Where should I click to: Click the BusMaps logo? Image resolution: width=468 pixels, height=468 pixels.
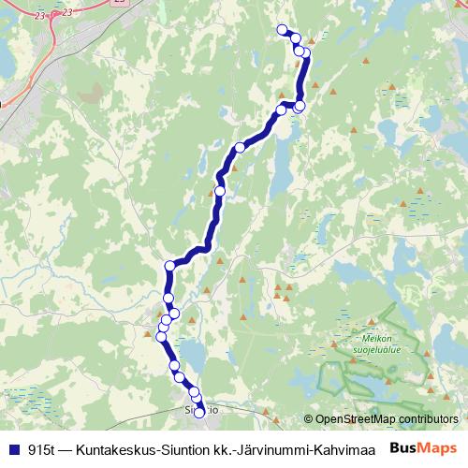pos(425,448)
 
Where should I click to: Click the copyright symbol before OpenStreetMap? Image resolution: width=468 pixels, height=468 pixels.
pos(309,419)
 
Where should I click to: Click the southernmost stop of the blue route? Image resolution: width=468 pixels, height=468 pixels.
pos(198,413)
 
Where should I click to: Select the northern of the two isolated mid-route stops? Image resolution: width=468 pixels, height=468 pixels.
pos(240,147)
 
